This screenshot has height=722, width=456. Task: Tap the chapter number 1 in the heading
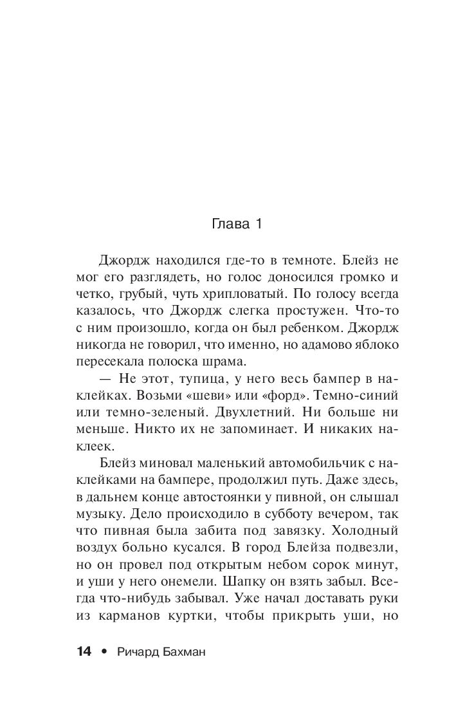tap(256, 225)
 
